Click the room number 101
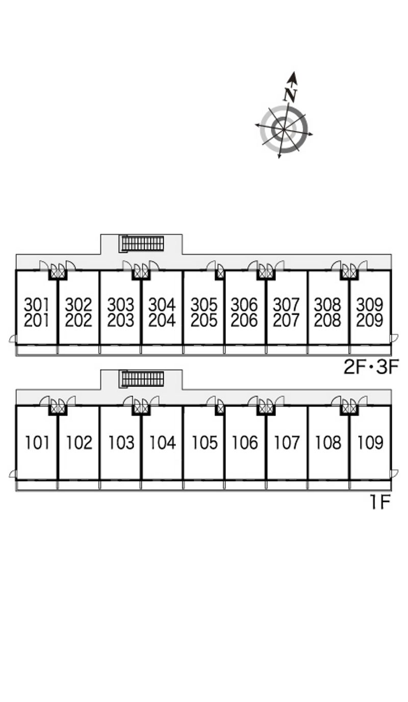[37, 443]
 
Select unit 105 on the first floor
[204, 443]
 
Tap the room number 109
[370, 443]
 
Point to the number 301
[37, 305]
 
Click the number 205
[204, 321]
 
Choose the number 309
[370, 305]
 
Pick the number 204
[162, 321]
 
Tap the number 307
[287, 305]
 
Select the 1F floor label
[380, 503]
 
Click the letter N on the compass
[290, 95]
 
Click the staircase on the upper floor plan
[142, 243]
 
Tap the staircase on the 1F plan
[142, 379]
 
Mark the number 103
[121, 443]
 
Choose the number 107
[287, 443]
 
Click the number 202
[79, 321]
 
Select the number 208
[328, 321]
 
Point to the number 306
[245, 305]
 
